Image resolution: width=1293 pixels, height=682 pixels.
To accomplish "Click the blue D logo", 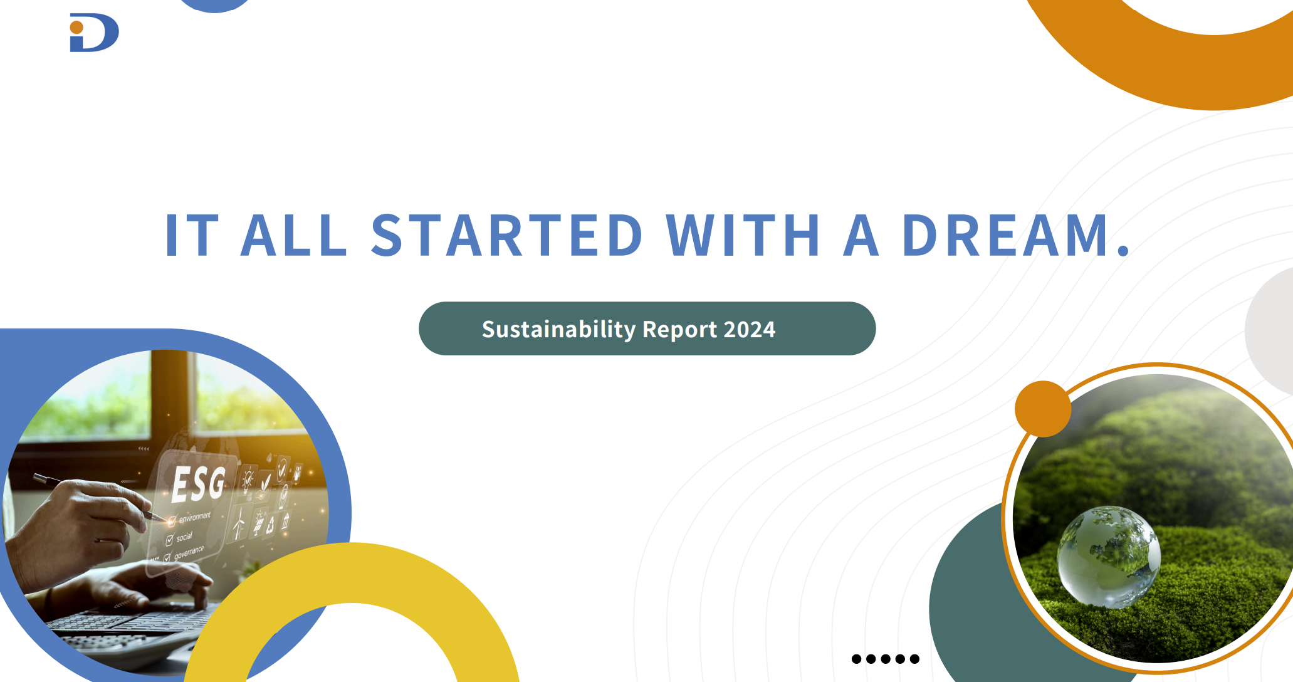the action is point(94,33).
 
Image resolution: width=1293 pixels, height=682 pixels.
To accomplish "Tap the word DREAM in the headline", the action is point(1007,235).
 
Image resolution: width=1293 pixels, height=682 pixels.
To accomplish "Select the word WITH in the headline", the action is point(743,235).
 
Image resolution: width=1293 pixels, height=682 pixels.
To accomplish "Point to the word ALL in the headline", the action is point(293,235).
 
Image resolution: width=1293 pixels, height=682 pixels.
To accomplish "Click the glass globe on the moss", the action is point(1108,557).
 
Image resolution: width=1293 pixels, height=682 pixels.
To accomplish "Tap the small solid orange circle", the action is point(1043,409).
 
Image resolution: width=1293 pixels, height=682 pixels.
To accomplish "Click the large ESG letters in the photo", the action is point(198,484).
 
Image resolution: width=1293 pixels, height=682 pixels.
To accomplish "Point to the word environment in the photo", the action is point(195,517).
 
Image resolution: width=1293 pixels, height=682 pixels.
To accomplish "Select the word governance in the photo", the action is point(189,552).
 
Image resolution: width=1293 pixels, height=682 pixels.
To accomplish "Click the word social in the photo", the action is point(184,537).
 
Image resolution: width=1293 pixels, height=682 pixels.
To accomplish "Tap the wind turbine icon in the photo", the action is point(239,524).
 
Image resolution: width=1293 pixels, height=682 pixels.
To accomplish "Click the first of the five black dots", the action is point(856,659).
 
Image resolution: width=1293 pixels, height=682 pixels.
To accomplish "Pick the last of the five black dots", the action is point(914,659).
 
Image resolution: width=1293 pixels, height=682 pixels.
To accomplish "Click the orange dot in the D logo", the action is point(76,28).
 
